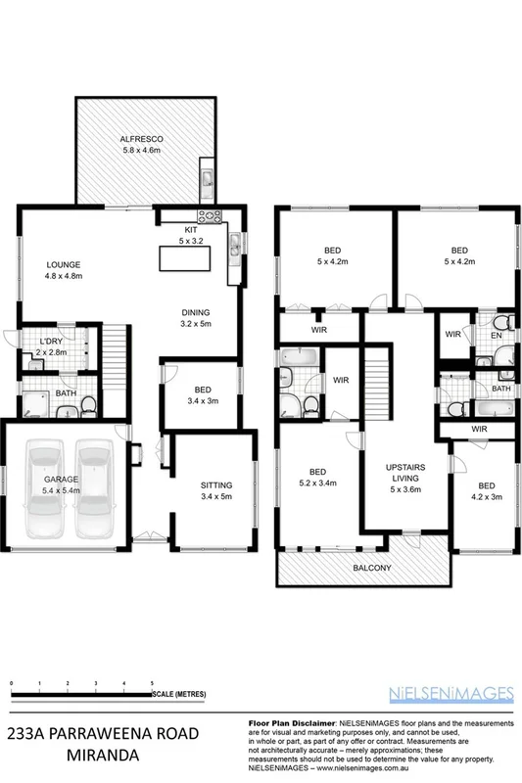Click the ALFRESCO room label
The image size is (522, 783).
tap(141, 140)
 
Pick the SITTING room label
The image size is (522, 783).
tap(216, 484)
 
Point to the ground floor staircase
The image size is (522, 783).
tap(116, 347)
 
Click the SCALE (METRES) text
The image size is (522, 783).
tap(179, 694)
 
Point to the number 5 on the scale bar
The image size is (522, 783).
tap(152, 681)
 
